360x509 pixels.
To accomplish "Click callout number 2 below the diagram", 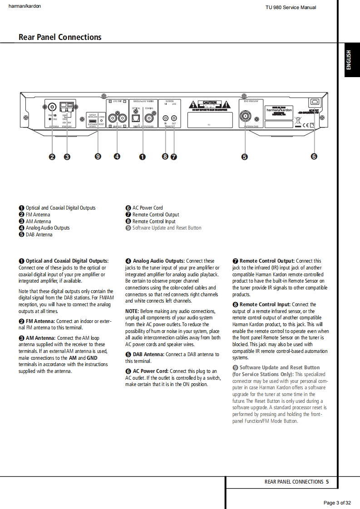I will click(x=52, y=157).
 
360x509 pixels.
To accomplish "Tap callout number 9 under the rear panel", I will click(x=98, y=157).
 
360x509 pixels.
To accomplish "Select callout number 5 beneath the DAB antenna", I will click(x=245, y=157).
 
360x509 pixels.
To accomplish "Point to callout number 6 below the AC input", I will click(x=314, y=157).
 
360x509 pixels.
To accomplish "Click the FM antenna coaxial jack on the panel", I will click(x=52, y=107).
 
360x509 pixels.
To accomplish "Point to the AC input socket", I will click(x=314, y=103).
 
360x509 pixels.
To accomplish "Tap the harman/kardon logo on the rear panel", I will click(x=279, y=110).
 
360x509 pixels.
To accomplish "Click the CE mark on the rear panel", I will click(x=306, y=125).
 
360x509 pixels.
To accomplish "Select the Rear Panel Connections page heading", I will click(x=60, y=37).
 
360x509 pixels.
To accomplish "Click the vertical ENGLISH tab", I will click(x=349, y=60).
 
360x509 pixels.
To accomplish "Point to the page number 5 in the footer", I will click(x=327, y=482).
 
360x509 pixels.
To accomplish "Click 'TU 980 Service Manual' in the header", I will click(x=291, y=7).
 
